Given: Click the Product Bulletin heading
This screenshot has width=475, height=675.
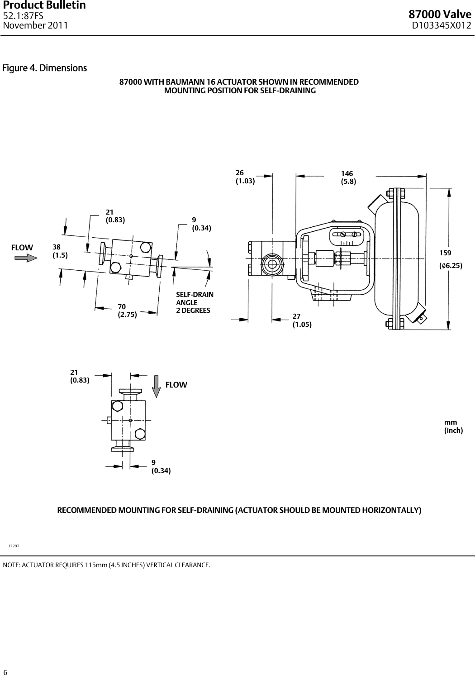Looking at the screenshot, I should tap(44, 5).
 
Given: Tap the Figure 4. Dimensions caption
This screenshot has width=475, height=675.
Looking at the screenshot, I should tap(45, 68).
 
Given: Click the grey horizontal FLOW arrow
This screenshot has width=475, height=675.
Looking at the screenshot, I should tap(26, 258).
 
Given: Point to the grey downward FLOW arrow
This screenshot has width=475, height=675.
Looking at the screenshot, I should tap(156, 386).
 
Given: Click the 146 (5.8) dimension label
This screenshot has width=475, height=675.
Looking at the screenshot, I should tap(348, 178).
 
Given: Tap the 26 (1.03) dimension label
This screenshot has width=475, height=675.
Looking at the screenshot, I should tap(245, 177).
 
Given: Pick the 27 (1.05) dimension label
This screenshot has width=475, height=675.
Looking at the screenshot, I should tap(302, 320).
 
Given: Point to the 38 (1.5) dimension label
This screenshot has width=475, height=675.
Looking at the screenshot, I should tap(60, 251).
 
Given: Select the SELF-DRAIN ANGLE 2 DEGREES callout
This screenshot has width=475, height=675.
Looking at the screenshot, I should tap(195, 302).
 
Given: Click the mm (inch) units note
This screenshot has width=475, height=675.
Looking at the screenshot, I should tap(453, 426).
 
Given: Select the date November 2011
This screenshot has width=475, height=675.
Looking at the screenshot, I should tap(35, 25).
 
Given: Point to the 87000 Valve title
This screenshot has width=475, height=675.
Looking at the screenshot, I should tap(440, 15).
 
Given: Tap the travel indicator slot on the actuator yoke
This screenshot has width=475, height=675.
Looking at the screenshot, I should tap(348, 234).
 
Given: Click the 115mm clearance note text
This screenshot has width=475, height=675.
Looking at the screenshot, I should tap(106, 565).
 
